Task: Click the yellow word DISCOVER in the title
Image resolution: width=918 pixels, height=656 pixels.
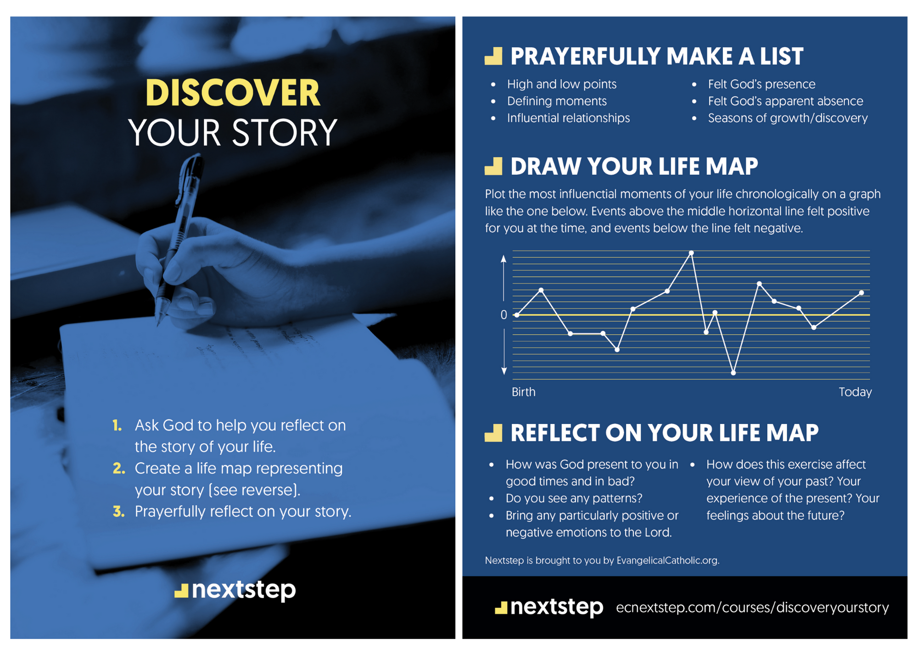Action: tap(232, 93)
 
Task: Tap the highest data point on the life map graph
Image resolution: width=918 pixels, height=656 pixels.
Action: tap(691, 253)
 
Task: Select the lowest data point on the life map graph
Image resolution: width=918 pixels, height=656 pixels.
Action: tap(733, 373)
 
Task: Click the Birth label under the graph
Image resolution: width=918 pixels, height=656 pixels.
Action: tap(523, 392)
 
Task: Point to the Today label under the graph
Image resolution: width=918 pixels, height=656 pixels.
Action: tap(855, 392)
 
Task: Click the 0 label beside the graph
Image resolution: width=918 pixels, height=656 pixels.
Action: tap(504, 315)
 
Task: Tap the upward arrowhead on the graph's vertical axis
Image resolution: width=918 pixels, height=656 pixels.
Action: tap(504, 259)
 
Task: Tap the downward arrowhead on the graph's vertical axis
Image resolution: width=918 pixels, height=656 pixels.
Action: tap(504, 371)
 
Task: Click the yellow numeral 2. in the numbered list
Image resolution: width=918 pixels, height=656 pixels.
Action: tap(119, 469)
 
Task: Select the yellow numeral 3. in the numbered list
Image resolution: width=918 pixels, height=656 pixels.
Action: tap(119, 512)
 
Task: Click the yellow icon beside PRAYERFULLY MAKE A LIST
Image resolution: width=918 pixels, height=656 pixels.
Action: tap(493, 56)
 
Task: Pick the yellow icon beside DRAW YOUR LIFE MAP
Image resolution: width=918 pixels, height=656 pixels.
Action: tap(493, 166)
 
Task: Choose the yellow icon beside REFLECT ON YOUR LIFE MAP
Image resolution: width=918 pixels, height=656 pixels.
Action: tap(493, 433)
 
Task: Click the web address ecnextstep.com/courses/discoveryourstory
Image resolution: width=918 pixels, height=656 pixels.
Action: tap(752, 607)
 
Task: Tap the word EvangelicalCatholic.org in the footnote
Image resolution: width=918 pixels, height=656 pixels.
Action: tap(667, 560)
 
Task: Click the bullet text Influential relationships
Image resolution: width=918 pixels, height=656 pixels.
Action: tap(568, 118)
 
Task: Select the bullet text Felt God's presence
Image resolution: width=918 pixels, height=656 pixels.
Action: tap(761, 84)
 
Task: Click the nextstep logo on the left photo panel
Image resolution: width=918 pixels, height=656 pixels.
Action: tap(235, 590)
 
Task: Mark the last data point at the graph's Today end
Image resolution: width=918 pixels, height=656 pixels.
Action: tap(861, 293)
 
